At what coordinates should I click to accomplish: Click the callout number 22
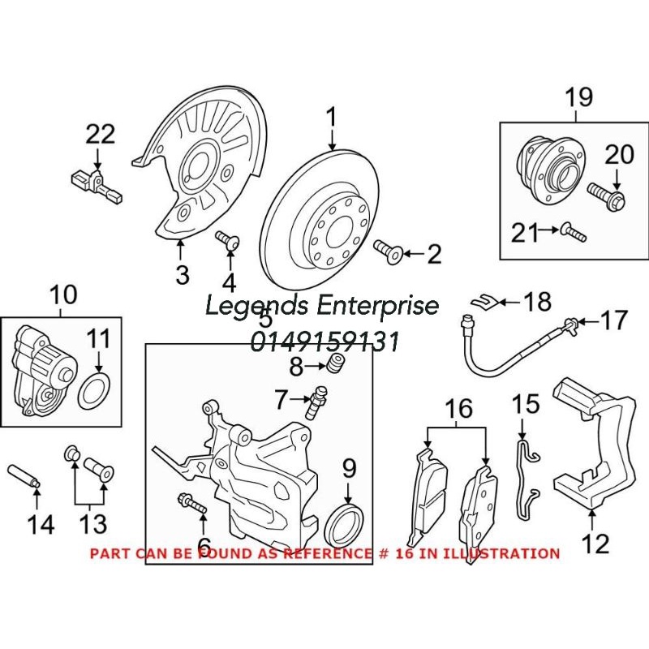[x=101, y=134]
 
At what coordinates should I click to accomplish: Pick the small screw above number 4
[x=228, y=240]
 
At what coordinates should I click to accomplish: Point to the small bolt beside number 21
[x=575, y=234]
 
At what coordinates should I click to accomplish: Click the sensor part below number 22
[x=95, y=183]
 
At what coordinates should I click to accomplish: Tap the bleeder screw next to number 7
[x=316, y=400]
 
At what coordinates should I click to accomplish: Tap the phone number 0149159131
[x=324, y=341]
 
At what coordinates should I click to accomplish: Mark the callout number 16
[x=458, y=408]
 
